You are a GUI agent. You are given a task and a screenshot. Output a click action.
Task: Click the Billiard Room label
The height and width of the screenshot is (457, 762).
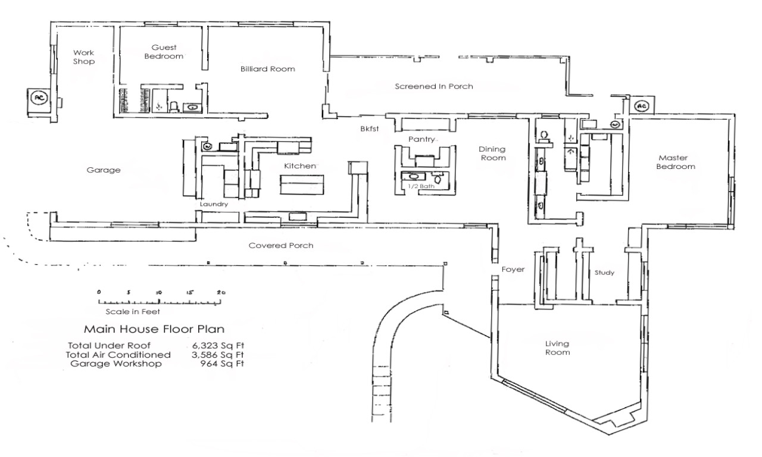point(267,69)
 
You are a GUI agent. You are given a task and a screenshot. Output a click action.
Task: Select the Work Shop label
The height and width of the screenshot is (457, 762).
point(84,57)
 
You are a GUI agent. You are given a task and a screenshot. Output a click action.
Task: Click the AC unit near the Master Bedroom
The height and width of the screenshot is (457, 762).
point(641,107)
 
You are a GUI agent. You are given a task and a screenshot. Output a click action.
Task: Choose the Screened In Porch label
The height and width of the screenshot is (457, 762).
point(434,86)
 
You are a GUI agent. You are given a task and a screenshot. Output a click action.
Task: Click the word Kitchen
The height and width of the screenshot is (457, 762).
point(299,166)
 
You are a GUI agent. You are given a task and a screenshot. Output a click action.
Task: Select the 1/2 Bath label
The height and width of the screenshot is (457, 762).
point(419,187)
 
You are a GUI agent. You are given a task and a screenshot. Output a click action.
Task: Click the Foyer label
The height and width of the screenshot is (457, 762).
point(513,270)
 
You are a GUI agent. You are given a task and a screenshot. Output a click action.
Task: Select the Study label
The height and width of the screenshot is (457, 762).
point(604,273)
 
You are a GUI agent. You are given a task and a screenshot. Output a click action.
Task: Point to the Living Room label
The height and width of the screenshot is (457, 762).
point(557,348)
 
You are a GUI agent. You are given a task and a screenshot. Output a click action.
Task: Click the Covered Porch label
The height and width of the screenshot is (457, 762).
point(281,246)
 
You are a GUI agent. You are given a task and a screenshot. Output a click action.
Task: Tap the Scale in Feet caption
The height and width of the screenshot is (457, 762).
point(132,311)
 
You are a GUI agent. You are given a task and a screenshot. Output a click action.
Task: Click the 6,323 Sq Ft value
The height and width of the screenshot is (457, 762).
point(218,345)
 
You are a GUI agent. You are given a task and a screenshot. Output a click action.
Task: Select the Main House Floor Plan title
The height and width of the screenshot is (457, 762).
point(154,329)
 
